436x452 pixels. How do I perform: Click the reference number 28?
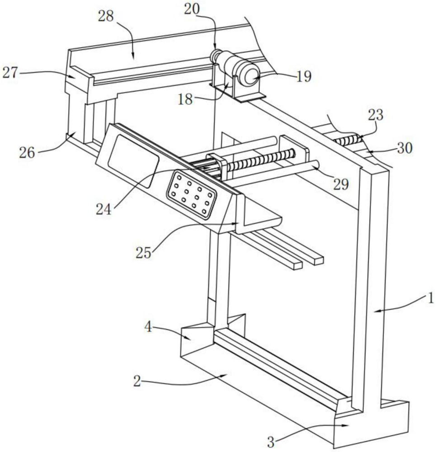click(x=106, y=16)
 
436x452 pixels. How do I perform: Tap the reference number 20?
click(x=192, y=9)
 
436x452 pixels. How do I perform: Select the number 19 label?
click(x=304, y=76)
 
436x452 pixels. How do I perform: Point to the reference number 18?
click(x=185, y=99)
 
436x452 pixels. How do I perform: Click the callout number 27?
click(x=10, y=73)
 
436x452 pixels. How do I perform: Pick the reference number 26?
click(x=27, y=152)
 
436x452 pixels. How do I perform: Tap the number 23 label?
click(x=375, y=115)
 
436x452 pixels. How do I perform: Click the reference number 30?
click(x=404, y=148)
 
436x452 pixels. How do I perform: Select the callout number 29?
click(x=341, y=184)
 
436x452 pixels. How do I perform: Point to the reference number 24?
click(x=103, y=210)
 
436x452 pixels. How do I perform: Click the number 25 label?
click(x=143, y=253)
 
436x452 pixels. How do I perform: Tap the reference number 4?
click(x=148, y=327)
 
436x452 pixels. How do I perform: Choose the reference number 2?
click(x=137, y=381)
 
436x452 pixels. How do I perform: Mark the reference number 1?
click(x=431, y=298)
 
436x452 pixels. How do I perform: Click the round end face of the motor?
click(x=252, y=76)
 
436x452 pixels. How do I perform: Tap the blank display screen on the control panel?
click(x=133, y=161)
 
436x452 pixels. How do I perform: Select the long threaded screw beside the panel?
click(x=261, y=160)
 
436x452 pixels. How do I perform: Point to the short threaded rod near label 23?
click(x=349, y=140)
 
